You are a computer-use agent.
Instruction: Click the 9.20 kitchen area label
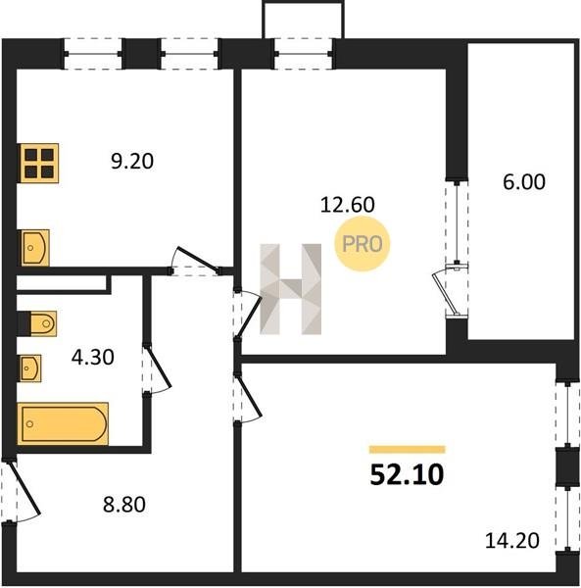pos(132,162)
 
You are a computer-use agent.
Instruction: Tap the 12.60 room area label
pos(348,205)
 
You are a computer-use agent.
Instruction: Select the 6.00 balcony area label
pos(523,182)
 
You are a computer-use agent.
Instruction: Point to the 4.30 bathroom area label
pos(92,357)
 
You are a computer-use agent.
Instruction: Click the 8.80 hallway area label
pos(124,505)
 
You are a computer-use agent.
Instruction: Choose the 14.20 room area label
pos(512,541)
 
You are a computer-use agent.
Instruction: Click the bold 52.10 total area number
pos(407,474)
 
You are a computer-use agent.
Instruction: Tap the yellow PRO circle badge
pos(363,244)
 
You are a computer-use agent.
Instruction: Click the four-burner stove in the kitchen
pos(39,163)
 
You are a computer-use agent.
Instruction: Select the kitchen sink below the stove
pos(34,248)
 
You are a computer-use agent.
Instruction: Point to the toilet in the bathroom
pos(37,323)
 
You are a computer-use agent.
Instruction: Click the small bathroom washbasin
pos(30,368)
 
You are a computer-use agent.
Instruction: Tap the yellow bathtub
pos(63,423)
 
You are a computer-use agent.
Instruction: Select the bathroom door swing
pos(158,369)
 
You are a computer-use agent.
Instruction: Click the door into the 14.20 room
pos(249,399)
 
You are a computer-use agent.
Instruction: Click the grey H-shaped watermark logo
pos(290,289)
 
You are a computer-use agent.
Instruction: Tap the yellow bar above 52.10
pos(407,449)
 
